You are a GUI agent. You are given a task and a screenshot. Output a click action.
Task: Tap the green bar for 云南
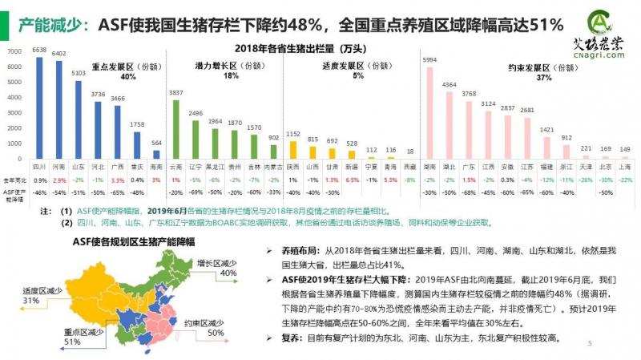coord(176,128)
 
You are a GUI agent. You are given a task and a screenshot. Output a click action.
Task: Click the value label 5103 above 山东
coord(78,73)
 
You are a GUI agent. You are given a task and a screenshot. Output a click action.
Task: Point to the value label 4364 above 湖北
coord(450,84)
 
